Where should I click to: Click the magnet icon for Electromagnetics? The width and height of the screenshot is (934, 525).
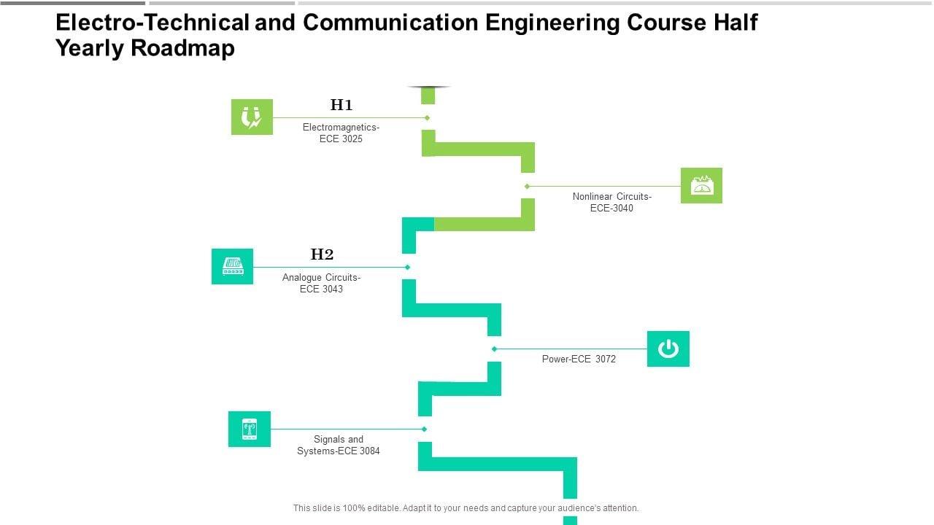coord(252,117)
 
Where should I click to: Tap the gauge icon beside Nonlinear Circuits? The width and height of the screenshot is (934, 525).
coord(701,185)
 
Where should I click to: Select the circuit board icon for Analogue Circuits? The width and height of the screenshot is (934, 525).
coord(232,266)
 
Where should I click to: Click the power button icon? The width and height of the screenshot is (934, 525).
coord(668,349)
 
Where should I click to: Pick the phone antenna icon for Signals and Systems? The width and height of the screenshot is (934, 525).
coord(249,429)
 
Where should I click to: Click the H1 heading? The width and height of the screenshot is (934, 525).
coord(341,105)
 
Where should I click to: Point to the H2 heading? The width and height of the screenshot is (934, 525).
coord(322,254)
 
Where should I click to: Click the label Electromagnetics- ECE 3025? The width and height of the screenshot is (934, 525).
coord(341,133)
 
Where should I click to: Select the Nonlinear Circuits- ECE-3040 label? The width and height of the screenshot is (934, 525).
coord(611,202)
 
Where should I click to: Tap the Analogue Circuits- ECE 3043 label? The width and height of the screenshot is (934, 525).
coord(321,283)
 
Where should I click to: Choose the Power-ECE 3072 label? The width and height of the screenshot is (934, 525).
coord(579,359)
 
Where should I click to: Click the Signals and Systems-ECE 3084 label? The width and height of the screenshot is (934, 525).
coord(338,445)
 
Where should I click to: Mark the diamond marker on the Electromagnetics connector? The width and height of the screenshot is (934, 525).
coord(427,117)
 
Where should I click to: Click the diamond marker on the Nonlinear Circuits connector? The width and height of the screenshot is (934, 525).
coord(527,186)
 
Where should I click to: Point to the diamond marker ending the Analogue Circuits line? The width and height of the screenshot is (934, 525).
coord(407,267)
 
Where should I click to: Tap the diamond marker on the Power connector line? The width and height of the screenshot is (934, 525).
coord(494,349)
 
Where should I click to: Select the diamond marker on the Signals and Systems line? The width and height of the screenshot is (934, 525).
coord(424,429)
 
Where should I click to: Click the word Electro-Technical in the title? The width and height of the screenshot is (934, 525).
coord(153,23)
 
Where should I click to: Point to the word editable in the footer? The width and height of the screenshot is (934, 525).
coord(379,508)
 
